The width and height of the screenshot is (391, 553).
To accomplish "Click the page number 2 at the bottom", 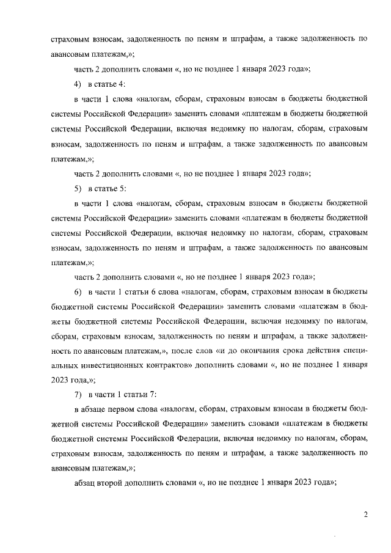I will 365,515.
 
